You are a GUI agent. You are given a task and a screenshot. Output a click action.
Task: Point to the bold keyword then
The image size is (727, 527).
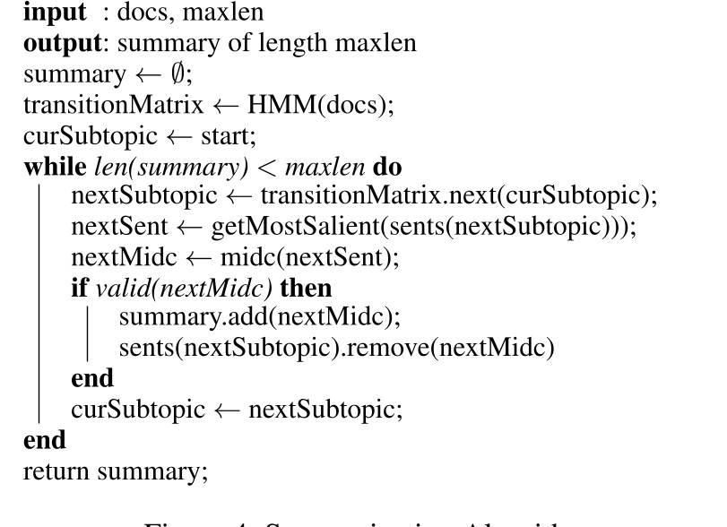click(x=307, y=289)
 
